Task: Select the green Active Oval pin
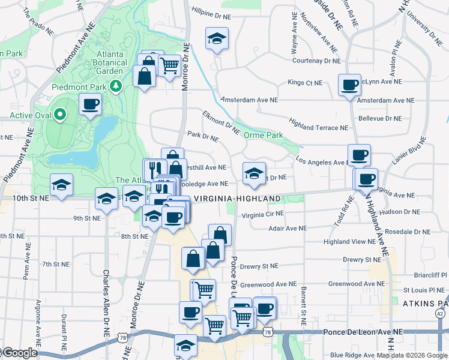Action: (59, 114)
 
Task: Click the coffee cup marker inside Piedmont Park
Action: (90, 105)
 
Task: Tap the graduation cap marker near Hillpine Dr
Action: (215, 40)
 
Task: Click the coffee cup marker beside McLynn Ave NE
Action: (349, 85)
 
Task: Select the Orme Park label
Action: (264, 136)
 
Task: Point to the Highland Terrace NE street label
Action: (318, 127)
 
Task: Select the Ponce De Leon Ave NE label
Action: (363, 332)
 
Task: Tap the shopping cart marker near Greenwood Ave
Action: (203, 290)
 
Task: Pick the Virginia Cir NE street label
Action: (263, 214)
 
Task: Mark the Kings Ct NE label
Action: (305, 82)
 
